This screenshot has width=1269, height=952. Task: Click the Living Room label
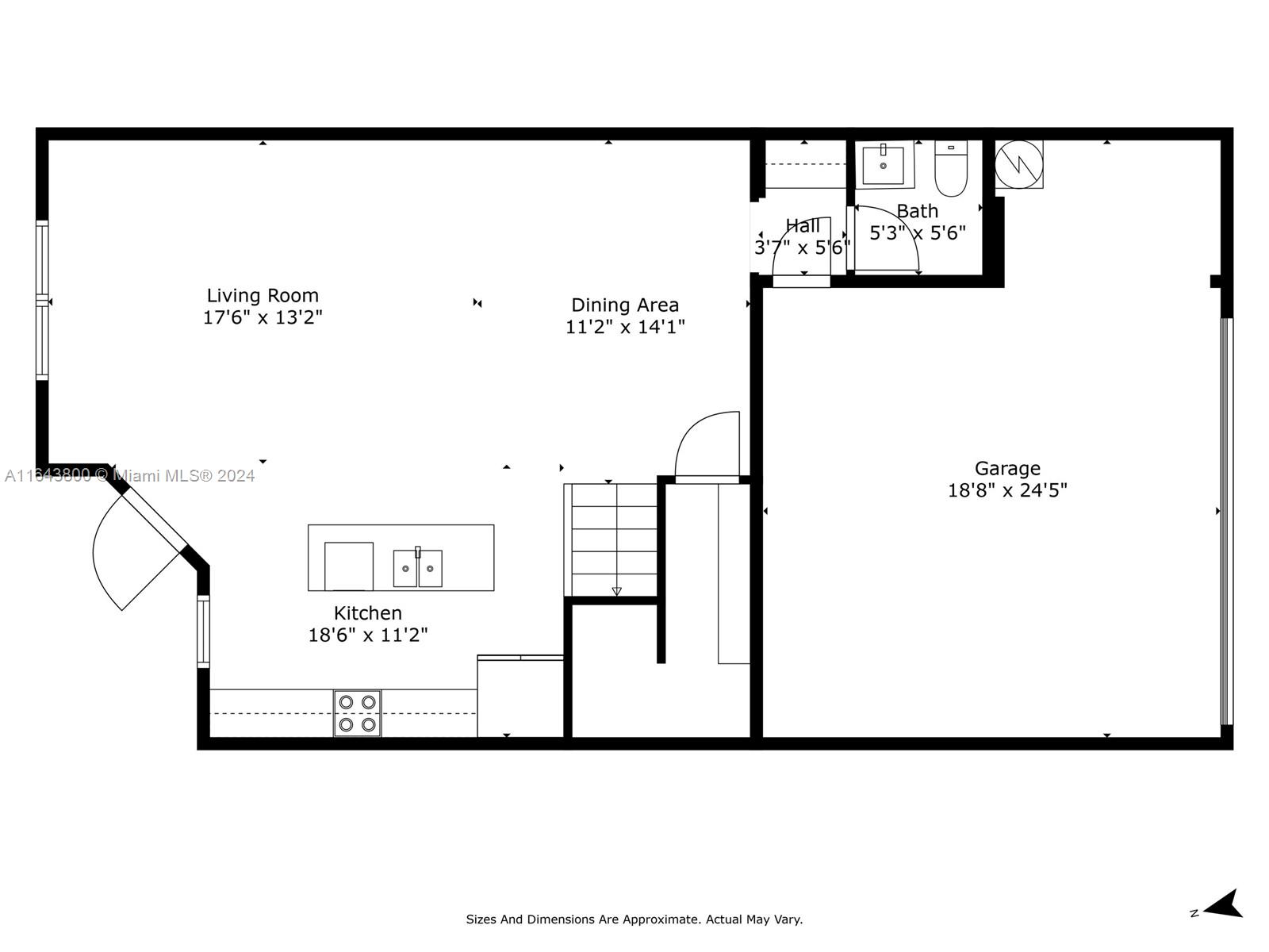pos(263,295)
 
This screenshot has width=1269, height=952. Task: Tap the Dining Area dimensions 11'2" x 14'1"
pos(624,327)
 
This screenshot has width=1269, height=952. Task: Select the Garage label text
pos(1007,468)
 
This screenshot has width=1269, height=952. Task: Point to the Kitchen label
pos(368,612)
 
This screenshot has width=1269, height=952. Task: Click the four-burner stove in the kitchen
pos(357,713)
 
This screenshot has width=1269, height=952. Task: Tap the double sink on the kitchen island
pos(417,567)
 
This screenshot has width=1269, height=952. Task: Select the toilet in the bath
pos(950,168)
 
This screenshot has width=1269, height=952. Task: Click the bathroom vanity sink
pos(883,164)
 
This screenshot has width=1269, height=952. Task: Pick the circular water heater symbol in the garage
pos(1018,164)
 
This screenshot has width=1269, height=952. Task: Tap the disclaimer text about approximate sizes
pos(634,919)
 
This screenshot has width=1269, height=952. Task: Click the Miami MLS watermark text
pos(129,476)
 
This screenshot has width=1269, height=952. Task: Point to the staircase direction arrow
pos(616,591)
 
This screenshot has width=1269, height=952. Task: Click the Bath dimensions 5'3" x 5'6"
pos(918,233)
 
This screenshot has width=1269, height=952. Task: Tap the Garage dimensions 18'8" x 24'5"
pos(1007,491)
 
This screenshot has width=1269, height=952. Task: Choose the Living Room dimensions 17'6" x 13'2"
pos(263,317)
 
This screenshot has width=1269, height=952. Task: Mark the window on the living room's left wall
pos(42,300)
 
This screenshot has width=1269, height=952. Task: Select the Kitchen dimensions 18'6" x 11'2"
pos(368,635)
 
